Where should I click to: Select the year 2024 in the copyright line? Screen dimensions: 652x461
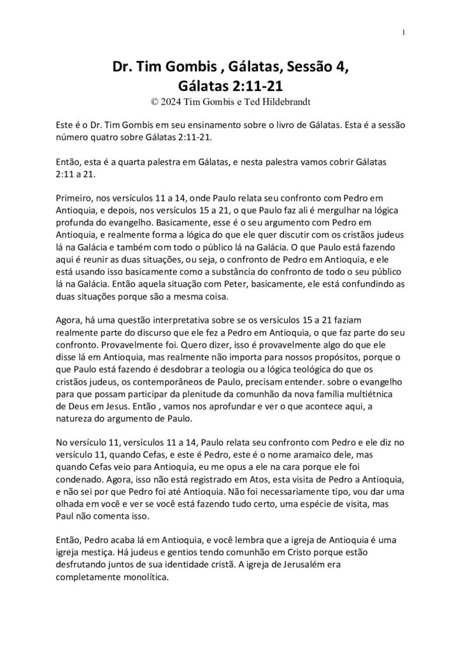[x=172, y=101]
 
